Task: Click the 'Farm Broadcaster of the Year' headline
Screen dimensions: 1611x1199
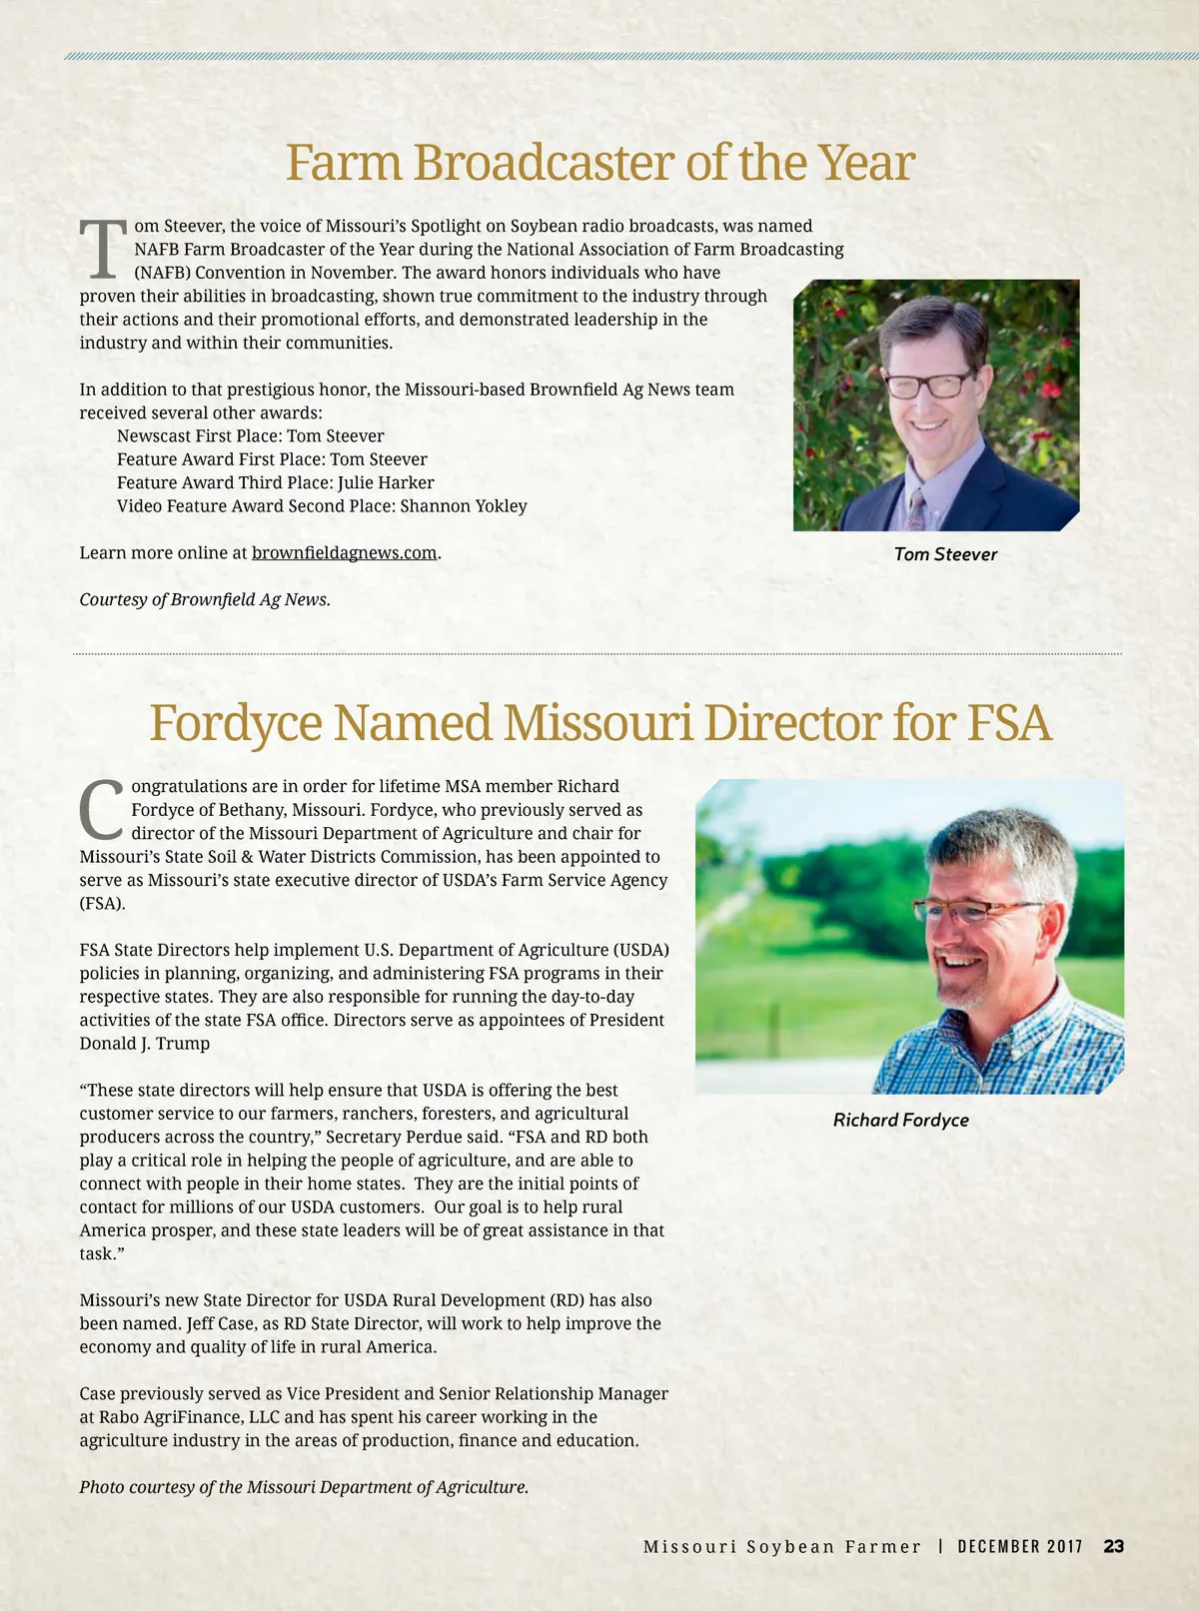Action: tap(599, 163)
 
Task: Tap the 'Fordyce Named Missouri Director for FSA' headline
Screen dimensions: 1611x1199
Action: tap(599, 723)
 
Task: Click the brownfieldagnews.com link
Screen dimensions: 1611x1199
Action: tap(344, 552)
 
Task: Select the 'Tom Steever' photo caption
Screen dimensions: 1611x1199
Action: tap(945, 554)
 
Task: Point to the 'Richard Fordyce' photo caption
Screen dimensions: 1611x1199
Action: tap(900, 1120)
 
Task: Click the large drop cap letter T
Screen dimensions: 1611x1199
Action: tap(103, 250)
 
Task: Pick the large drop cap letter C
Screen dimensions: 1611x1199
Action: tap(102, 810)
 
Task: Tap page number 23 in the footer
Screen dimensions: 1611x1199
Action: tap(1113, 1546)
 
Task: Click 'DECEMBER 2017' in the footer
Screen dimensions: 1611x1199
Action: tap(1019, 1546)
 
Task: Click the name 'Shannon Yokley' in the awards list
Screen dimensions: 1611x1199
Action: tap(463, 505)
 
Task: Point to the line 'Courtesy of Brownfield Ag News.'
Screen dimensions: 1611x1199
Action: tap(205, 599)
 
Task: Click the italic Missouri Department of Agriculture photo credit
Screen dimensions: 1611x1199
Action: tap(304, 1486)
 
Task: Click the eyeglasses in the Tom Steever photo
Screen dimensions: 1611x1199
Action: tap(930, 385)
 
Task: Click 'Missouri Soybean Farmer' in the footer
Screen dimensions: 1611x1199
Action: tap(781, 1546)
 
